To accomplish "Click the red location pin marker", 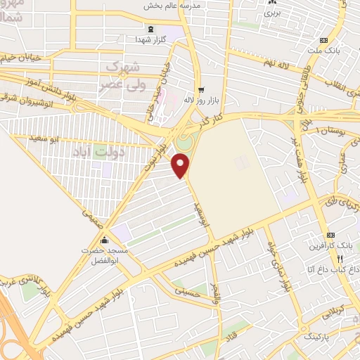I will click(181, 165).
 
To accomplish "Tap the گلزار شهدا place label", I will click(150, 40).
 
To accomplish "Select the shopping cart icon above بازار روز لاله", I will click(201, 89).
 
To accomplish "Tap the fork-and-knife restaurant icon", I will click(340, 258).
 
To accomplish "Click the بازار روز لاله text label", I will click(198, 101).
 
